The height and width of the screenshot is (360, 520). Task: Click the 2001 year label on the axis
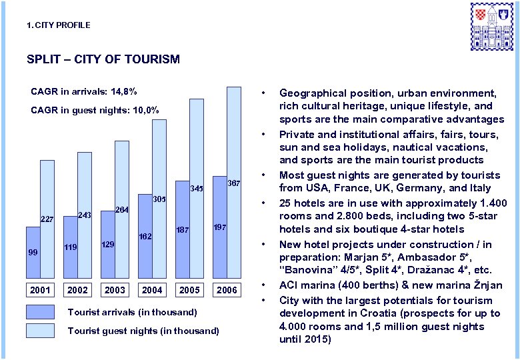click(40, 290)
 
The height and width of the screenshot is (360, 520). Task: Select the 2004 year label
click(152, 290)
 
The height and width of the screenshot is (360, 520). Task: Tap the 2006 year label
click(227, 290)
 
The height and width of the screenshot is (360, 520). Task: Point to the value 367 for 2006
click(233, 183)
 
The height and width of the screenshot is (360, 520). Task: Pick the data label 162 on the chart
click(145, 237)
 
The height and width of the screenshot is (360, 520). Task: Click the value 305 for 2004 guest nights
click(159, 199)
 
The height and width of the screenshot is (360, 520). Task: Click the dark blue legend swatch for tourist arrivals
click(41, 312)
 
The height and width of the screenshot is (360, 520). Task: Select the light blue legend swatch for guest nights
click(41, 331)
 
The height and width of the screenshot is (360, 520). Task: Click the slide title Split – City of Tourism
click(103, 59)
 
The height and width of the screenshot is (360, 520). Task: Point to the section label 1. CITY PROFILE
click(58, 25)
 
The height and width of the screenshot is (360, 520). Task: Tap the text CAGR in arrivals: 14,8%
click(84, 91)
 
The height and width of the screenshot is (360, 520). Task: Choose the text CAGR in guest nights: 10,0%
click(95, 110)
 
